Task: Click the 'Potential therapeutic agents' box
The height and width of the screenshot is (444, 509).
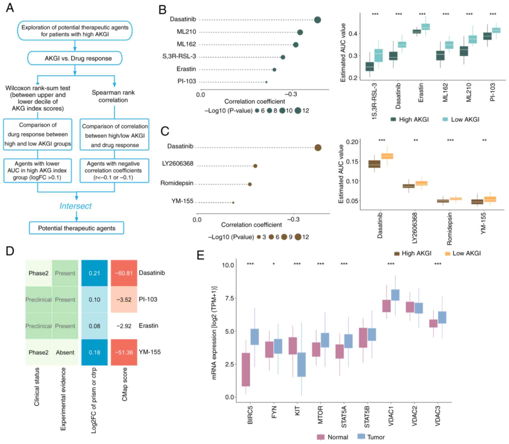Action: (76, 228)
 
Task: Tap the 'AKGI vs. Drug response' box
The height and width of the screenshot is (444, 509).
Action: (75, 58)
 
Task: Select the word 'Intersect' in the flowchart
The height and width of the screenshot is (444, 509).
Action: (75, 206)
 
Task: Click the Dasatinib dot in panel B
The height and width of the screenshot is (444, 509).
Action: (317, 20)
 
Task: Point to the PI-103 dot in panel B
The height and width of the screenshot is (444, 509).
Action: (266, 82)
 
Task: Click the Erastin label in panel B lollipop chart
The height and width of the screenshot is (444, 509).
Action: (186, 69)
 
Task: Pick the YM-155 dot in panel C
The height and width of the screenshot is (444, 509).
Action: (233, 203)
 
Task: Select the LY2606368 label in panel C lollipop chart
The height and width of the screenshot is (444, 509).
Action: (178, 164)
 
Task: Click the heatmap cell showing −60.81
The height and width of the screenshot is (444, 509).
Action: (124, 273)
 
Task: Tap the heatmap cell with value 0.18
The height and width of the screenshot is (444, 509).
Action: (94, 352)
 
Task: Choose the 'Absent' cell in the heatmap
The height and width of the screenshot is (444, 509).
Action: (65, 352)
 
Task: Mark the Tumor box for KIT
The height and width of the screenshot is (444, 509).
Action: (302, 364)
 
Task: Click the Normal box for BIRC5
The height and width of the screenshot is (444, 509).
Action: (246, 369)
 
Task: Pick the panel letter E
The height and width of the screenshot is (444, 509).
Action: (201, 256)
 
